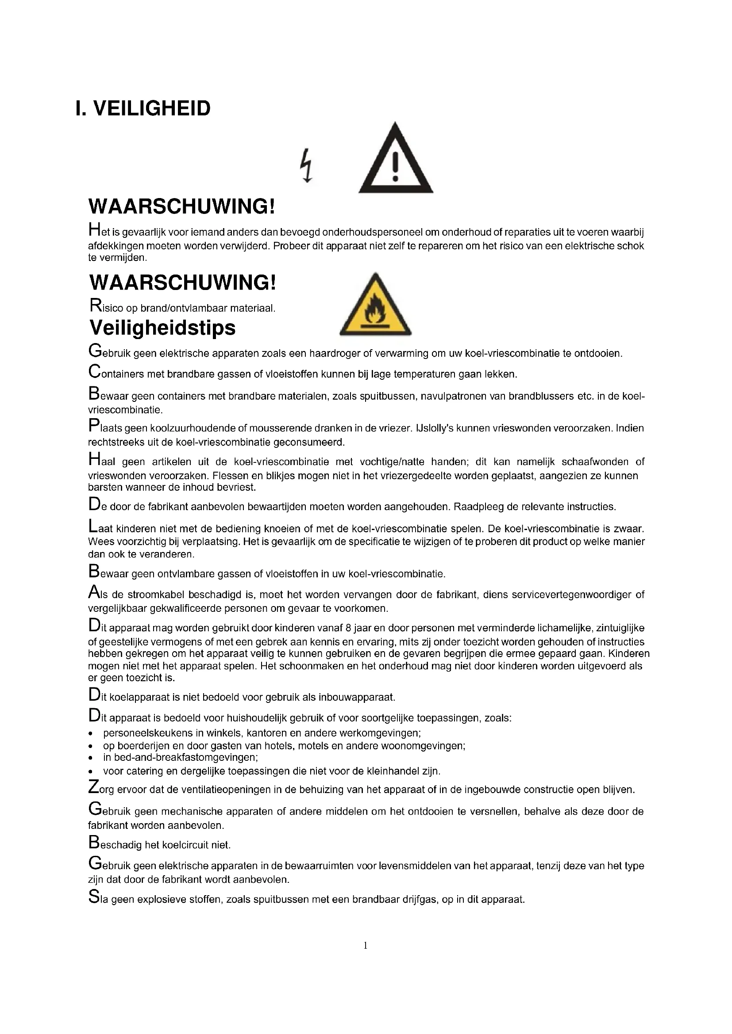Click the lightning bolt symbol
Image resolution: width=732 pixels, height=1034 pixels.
[307, 165]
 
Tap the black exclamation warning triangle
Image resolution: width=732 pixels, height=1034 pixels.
[395, 160]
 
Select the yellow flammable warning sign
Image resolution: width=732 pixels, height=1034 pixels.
[375, 306]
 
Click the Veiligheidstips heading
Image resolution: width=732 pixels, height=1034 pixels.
[162, 328]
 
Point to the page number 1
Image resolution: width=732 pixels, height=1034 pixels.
[365, 945]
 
